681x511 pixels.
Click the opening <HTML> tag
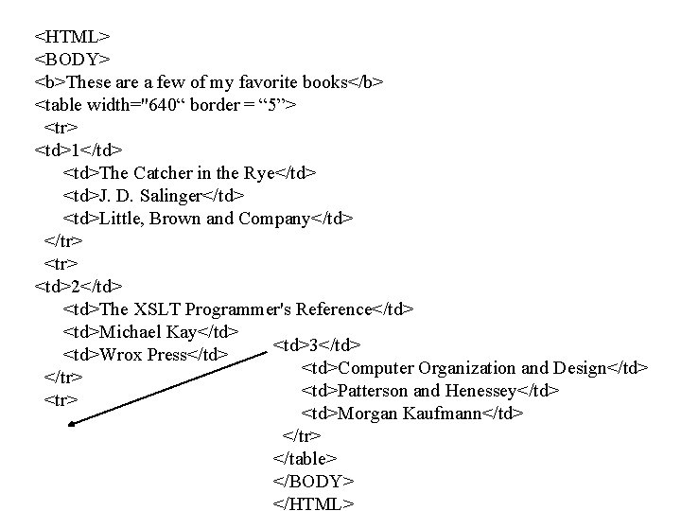pos(73,37)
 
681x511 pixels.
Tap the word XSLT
pos(158,309)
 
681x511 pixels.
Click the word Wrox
pos(118,355)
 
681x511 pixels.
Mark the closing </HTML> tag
pos(312,502)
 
